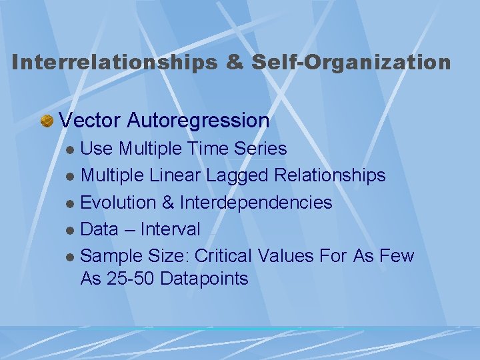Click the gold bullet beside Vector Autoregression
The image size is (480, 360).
click(x=47, y=121)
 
